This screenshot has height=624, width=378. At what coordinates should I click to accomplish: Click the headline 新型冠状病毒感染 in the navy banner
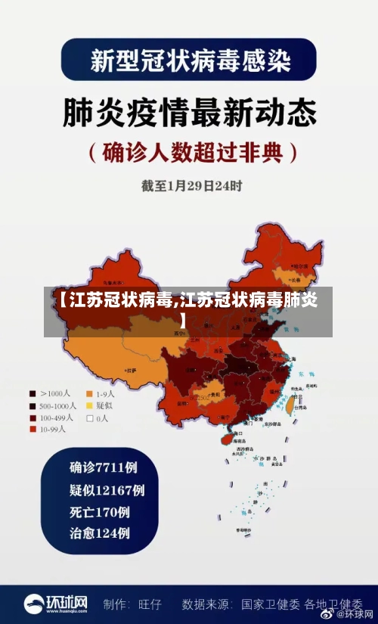coord(190,59)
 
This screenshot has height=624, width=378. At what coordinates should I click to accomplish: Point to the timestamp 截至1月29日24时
coord(191,185)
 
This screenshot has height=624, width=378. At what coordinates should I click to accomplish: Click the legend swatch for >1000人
coord(33,394)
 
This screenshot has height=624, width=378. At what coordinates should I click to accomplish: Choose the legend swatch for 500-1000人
coord(33,406)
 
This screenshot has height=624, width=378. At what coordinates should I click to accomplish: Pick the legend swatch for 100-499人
coord(33,418)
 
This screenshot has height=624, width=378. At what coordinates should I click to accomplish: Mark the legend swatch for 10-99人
coord(33,430)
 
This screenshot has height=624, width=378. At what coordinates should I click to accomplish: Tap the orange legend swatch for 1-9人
coord(89,394)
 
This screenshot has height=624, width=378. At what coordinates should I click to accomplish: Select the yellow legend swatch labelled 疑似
coord(89,406)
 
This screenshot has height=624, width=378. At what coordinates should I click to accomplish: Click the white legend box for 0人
coord(89,418)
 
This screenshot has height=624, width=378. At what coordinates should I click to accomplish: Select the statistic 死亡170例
coord(99,511)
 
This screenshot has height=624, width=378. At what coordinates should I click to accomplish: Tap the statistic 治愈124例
coord(99,533)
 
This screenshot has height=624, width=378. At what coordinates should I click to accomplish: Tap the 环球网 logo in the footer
coord(56,604)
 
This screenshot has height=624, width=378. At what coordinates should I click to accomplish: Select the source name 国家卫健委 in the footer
coord(269,604)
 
